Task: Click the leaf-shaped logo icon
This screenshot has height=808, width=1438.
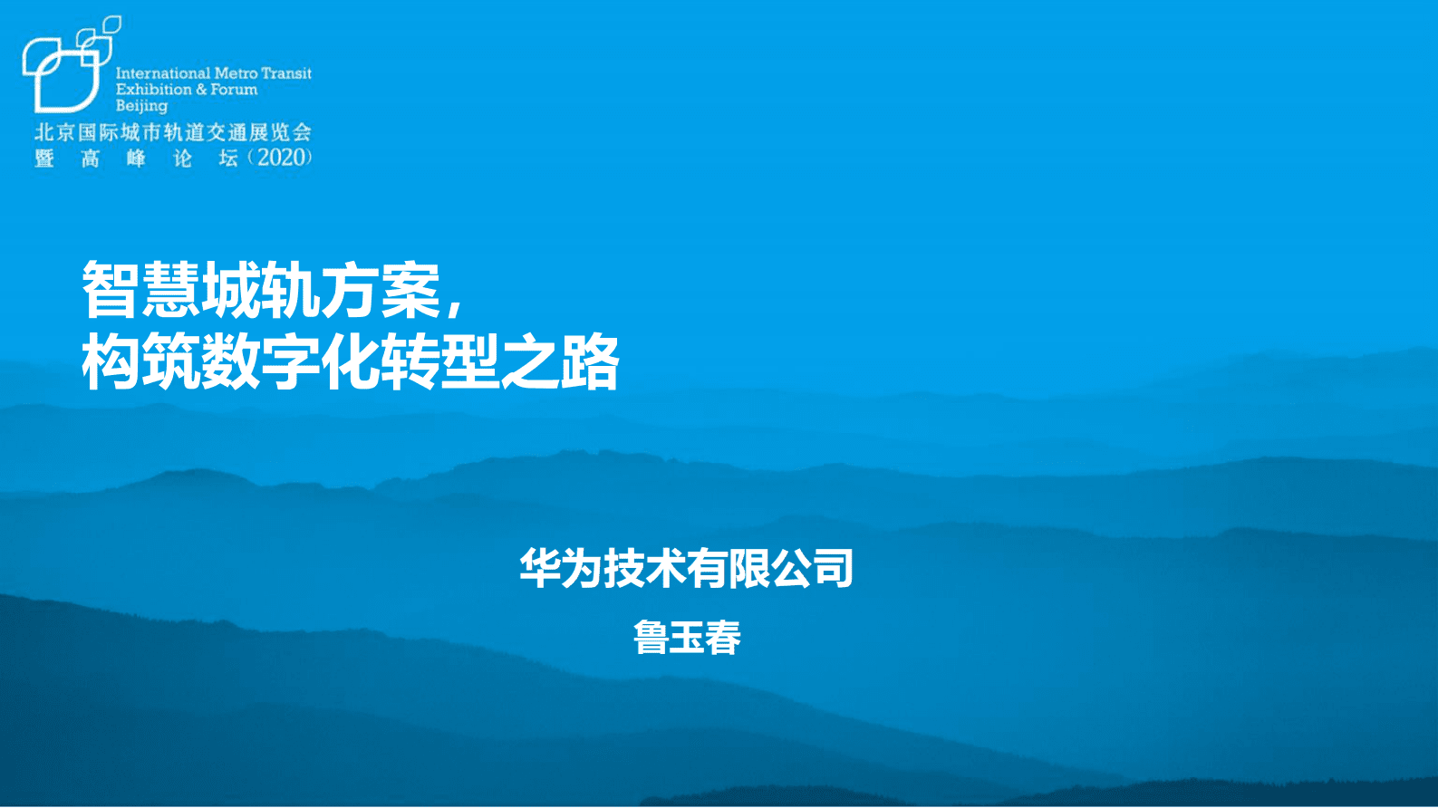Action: (x=65, y=68)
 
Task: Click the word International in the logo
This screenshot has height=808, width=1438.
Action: (x=163, y=73)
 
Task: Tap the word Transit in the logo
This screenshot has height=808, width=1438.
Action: (x=286, y=73)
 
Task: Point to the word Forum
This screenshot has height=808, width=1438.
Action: (x=235, y=90)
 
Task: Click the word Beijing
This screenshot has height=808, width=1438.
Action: (x=141, y=106)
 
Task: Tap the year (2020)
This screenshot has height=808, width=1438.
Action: (x=282, y=158)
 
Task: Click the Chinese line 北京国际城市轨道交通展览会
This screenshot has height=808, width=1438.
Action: (x=173, y=132)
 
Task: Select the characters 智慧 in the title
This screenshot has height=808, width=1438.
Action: (x=140, y=290)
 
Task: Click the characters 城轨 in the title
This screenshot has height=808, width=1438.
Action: (x=260, y=290)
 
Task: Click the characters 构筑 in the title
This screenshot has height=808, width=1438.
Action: (x=140, y=362)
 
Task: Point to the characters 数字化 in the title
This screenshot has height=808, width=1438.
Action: (x=290, y=362)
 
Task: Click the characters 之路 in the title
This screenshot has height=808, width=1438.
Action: (x=560, y=362)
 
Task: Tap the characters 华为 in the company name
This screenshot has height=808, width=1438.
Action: (x=561, y=569)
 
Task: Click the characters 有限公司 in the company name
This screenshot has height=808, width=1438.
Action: (x=770, y=569)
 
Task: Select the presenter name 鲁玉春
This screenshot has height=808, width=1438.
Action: (x=687, y=638)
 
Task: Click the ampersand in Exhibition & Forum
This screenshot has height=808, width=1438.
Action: (x=201, y=90)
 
